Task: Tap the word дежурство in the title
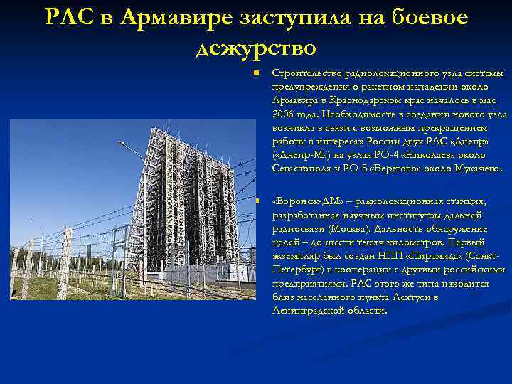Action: click(255, 48)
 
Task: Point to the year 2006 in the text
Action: click(284, 113)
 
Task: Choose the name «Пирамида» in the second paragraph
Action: click(437, 255)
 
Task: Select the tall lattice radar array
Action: click(188, 199)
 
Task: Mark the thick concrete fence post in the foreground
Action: click(64, 263)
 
